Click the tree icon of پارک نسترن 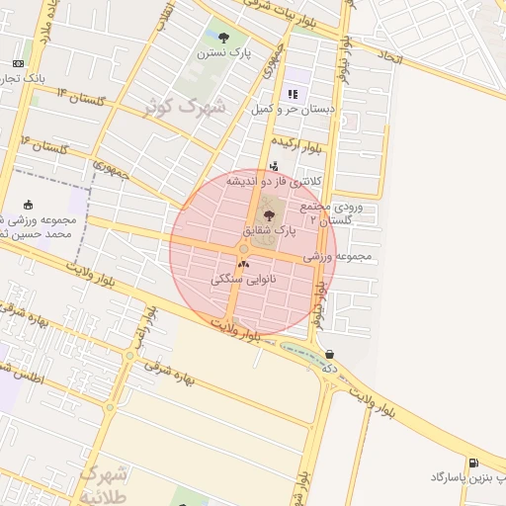point(223,38)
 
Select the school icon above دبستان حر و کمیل point(293,94)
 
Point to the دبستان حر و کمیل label point(293,109)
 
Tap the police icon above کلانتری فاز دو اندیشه point(274,166)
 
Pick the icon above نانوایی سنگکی point(244,265)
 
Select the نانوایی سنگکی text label point(251,280)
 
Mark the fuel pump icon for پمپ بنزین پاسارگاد point(474,463)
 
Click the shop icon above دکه point(329,354)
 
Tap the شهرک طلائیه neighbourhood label point(104,481)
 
